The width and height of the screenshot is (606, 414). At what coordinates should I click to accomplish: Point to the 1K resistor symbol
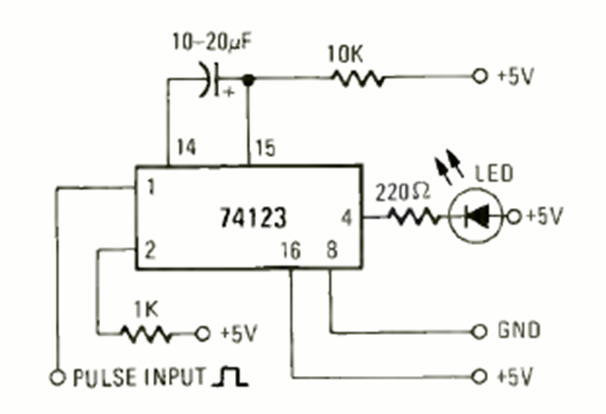click(x=146, y=333)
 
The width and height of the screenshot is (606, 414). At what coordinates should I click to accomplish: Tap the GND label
click(x=517, y=332)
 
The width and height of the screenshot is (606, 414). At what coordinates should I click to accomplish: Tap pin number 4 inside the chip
click(x=345, y=216)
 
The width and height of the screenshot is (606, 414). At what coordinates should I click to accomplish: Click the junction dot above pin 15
click(x=248, y=79)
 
